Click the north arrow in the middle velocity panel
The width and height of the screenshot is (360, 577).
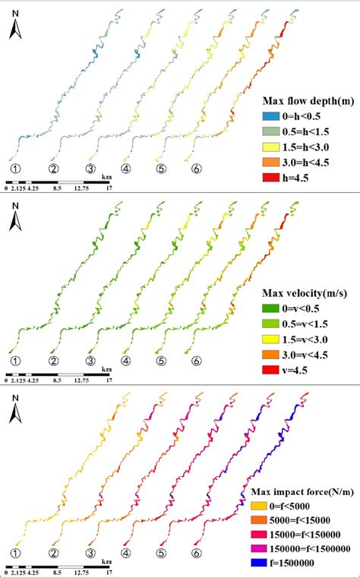(x=14, y=220)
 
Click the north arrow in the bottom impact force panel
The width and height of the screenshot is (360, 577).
(x=14, y=413)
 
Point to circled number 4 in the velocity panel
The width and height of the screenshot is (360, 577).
(x=126, y=361)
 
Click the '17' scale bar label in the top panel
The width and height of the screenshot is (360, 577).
(x=110, y=190)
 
